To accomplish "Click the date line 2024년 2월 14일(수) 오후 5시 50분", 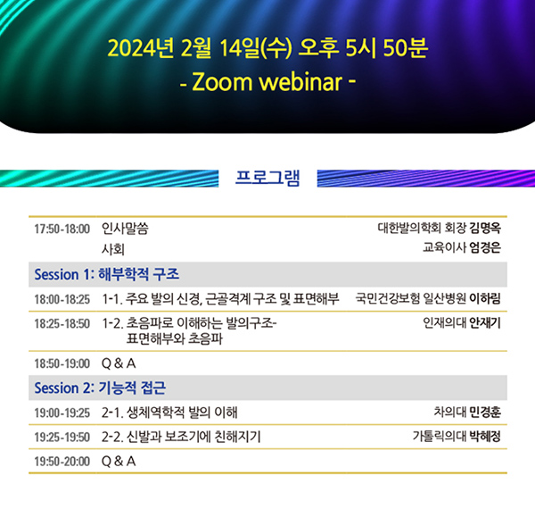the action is (267, 48).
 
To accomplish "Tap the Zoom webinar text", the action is (267, 82).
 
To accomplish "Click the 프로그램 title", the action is (267, 178).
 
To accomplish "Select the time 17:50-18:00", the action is (62, 229).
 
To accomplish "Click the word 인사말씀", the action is (125, 229).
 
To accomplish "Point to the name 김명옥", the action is (485, 228).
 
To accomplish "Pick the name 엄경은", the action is (485, 247).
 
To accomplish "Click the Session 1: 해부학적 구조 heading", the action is (107, 274).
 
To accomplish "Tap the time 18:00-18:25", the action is (62, 299).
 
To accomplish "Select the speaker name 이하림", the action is (485, 298).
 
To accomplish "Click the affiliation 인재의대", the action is (444, 322).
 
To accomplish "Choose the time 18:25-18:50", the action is (62, 323).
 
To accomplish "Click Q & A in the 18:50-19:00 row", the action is (119, 363).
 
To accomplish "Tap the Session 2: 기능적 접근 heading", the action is (100, 388).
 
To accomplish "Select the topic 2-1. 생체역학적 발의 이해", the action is (169, 413).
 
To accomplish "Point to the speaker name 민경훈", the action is (485, 412).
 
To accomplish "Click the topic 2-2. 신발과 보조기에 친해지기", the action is (181, 437).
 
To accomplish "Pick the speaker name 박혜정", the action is (485, 437).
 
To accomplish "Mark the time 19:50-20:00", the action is (62, 462).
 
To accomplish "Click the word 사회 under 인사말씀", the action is (113, 249).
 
